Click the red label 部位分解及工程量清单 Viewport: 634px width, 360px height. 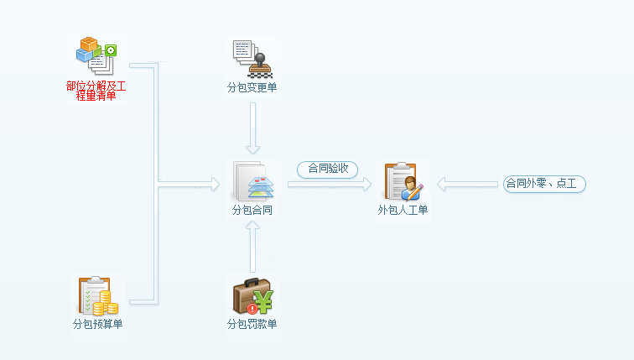coord(96,91)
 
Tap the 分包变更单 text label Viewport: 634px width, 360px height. coord(252,87)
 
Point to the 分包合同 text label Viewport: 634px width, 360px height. coord(252,210)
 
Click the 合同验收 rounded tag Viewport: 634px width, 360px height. coord(327,169)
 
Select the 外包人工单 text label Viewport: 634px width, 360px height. coord(403,210)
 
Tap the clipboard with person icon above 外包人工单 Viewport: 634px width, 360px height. coord(403,180)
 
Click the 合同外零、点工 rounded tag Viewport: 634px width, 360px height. coord(544,184)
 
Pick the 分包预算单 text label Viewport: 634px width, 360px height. coord(97,324)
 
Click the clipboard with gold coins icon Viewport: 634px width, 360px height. coord(97,295)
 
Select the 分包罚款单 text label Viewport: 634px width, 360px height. coord(252,324)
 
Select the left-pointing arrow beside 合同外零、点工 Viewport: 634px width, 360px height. coord(467,184)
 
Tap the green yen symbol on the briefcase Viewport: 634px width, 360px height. coord(264,299)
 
